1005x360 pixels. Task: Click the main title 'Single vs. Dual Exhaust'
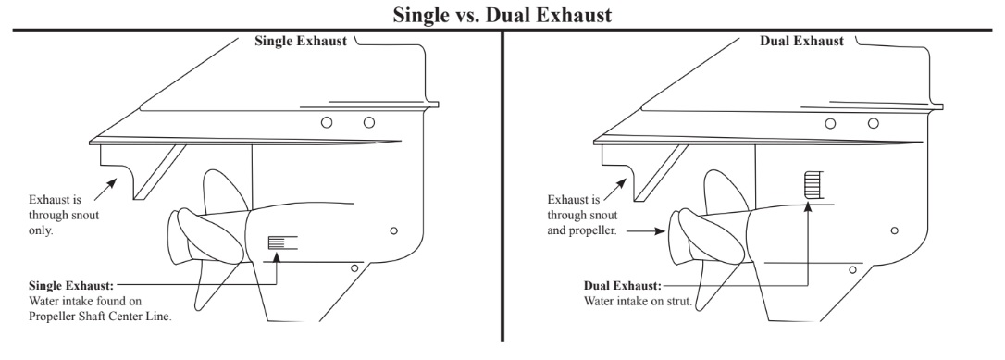coord(502,14)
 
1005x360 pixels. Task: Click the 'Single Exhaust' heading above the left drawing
coord(301,41)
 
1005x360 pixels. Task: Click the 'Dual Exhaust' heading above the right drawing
coord(801,41)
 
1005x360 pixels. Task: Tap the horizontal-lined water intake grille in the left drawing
coord(277,242)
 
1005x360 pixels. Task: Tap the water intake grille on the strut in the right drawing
coord(813,184)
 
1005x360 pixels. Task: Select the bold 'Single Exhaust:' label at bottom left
coord(71,286)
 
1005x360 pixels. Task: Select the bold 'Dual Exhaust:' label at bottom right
coord(623,286)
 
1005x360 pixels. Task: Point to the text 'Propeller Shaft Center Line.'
coord(101,317)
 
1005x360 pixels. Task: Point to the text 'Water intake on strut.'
coord(638,301)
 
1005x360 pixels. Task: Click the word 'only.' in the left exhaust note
coord(41,230)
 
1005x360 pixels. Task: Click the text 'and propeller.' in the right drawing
coord(582,230)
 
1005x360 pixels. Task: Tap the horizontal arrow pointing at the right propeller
coord(645,231)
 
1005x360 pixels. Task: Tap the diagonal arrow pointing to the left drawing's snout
coord(105,190)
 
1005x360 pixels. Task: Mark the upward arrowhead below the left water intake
coord(277,257)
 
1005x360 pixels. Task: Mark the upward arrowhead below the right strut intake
coord(808,206)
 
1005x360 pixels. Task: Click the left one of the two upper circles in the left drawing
coord(327,122)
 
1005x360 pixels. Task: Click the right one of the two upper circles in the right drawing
coord(873,123)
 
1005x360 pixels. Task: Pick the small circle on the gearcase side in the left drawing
coord(393,230)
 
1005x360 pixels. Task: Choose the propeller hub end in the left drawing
coord(174,237)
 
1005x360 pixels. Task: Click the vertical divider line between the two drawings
coord(502,186)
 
